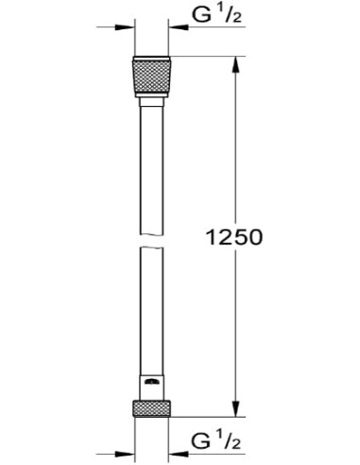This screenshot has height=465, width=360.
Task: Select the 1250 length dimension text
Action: (x=232, y=237)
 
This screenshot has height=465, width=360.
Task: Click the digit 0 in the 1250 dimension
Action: (x=254, y=237)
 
